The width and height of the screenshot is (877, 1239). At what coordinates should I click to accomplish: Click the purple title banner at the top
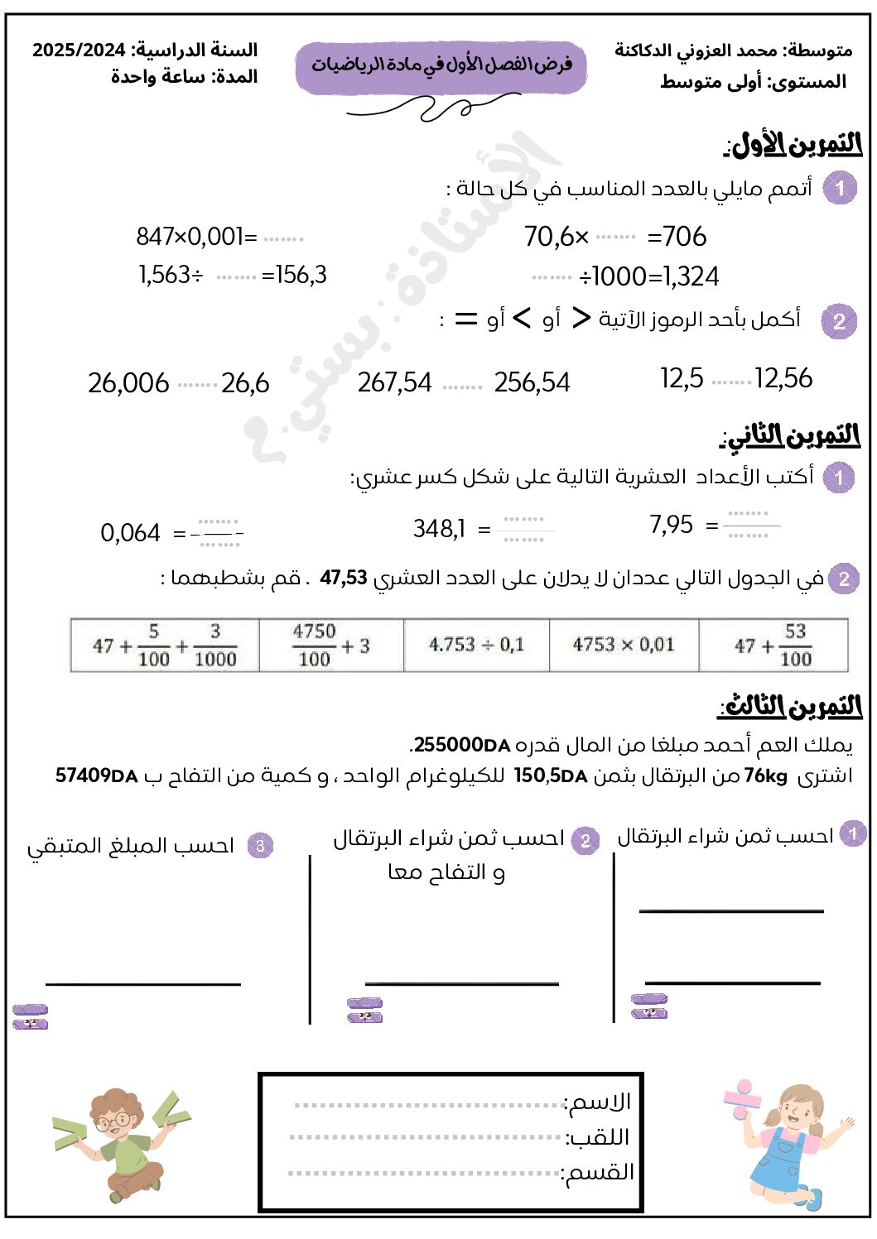(441, 66)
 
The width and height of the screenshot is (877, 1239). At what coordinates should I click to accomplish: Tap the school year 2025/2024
(79, 50)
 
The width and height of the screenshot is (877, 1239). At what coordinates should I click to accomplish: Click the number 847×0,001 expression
(195, 237)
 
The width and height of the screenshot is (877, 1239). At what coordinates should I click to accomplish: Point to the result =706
(677, 237)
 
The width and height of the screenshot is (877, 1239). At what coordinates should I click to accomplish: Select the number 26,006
(128, 382)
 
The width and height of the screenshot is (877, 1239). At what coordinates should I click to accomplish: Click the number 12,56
(783, 378)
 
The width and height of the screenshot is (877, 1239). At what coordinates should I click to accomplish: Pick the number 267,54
(394, 382)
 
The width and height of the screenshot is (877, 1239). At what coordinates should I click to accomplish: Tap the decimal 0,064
(130, 533)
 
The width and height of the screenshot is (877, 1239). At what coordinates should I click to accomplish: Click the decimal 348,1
(439, 528)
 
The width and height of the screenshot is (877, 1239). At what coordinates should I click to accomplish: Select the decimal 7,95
(671, 525)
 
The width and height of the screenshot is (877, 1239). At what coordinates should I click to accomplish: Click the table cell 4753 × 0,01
(624, 645)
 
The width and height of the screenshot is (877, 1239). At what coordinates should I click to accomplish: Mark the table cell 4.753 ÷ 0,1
(476, 645)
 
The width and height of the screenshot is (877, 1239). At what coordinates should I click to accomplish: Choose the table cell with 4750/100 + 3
(330, 645)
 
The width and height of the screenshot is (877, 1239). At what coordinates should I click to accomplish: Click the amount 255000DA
(461, 745)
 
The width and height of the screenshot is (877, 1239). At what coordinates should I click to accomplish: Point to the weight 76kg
(765, 776)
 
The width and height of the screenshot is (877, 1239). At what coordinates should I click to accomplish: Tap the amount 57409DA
(96, 776)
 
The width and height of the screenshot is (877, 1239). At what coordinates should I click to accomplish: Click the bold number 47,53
(343, 578)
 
